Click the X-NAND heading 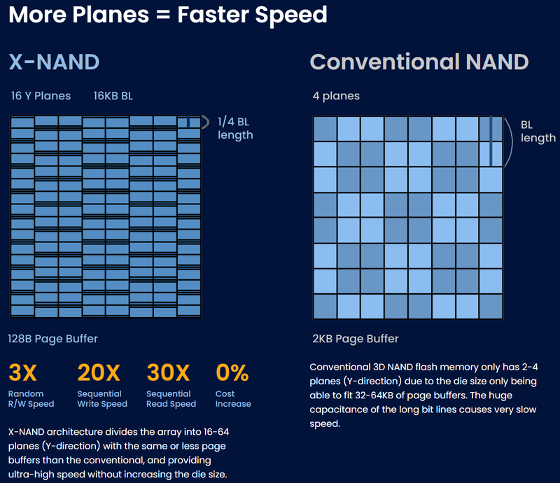(54, 62)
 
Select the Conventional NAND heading (419, 62)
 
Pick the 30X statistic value (169, 372)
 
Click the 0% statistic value (232, 372)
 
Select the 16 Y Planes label (41, 96)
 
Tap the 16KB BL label (113, 96)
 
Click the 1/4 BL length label (235, 127)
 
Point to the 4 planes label (336, 96)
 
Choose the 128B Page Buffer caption (53, 339)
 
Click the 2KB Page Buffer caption (356, 339)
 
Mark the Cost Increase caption (233, 398)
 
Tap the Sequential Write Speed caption (102, 398)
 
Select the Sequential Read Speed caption (171, 398)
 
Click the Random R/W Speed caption (31, 398)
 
